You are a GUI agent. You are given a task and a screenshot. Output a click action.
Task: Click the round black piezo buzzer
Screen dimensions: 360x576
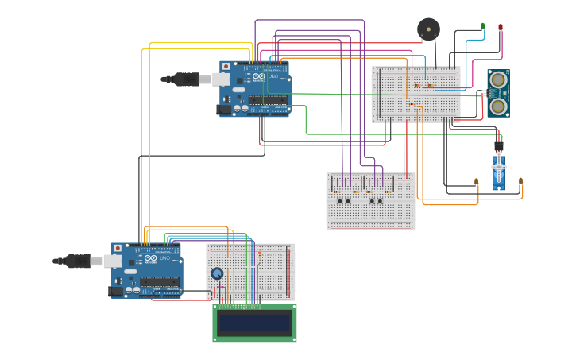428,29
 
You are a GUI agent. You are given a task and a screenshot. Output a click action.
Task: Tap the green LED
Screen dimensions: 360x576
482,26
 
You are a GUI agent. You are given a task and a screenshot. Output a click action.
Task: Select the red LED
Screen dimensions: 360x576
501,27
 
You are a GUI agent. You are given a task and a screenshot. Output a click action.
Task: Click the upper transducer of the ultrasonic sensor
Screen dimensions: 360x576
498,79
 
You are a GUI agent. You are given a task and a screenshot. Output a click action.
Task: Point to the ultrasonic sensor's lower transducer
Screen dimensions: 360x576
498,106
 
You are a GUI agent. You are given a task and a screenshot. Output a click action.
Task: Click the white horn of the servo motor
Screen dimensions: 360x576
498,168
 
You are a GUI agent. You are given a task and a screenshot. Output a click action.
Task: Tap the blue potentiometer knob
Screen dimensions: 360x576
217,273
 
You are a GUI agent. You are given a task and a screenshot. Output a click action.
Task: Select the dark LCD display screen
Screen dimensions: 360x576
254,323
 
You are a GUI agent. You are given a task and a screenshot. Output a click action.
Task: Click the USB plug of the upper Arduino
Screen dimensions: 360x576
187,79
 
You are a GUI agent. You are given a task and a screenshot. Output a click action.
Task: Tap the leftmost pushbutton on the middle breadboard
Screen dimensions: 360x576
340,201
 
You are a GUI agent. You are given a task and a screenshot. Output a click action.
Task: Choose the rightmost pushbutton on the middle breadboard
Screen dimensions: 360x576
380,201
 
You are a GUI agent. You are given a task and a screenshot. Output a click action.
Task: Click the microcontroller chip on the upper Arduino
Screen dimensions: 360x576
268,100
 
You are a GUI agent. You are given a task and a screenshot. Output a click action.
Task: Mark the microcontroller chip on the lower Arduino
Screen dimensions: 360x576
160,281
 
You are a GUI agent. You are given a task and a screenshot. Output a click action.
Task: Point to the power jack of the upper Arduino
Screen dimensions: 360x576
225,109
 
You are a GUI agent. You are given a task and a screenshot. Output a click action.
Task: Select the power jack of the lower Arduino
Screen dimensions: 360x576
117,291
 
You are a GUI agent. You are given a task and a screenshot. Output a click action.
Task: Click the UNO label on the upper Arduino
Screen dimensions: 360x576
274,76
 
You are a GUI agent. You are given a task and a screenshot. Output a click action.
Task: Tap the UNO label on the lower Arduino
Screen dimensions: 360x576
166,258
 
